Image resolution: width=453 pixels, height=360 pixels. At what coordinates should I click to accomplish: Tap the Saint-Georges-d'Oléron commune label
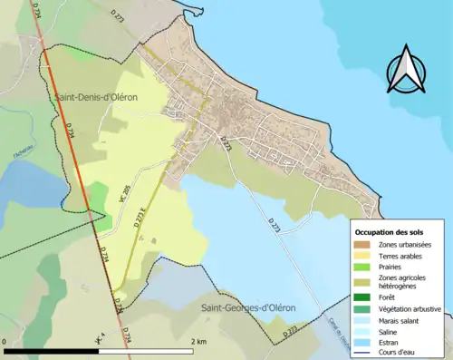tap(248, 307)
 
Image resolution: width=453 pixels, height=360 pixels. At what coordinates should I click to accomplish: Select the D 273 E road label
tap(141, 217)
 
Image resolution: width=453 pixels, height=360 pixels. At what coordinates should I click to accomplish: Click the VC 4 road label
tap(100, 339)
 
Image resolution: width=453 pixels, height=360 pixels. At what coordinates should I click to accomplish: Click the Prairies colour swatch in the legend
tap(366, 268)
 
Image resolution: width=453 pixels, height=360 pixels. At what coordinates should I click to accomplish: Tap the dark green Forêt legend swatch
tap(366, 297)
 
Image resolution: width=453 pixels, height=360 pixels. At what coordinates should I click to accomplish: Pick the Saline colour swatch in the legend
tap(366, 331)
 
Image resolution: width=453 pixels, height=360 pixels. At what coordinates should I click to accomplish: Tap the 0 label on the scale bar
tap(5, 342)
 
